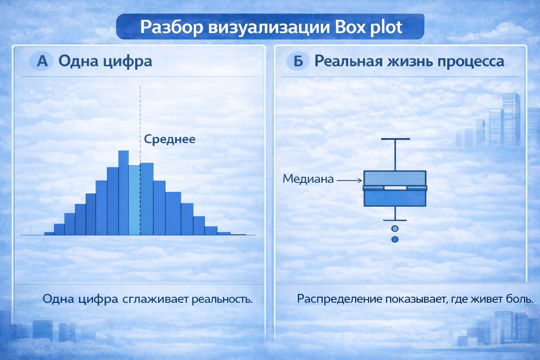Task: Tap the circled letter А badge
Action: tap(42, 61)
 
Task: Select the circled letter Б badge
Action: tap(298, 61)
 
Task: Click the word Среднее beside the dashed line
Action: tap(170, 139)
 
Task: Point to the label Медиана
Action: tap(308, 179)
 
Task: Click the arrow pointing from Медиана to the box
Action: tap(349, 180)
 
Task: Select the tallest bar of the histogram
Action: tap(123, 193)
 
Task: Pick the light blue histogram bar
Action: tap(134, 200)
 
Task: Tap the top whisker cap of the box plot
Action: tap(396, 139)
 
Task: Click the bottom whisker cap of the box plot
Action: tap(395, 220)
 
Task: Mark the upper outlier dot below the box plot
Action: tap(395, 229)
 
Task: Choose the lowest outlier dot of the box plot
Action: tap(395, 239)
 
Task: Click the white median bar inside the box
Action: tap(396, 188)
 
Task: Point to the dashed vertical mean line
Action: tap(140, 126)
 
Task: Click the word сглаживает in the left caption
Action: tap(156, 300)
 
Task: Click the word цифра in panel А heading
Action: tap(128, 62)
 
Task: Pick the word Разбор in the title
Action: tap(172, 27)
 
